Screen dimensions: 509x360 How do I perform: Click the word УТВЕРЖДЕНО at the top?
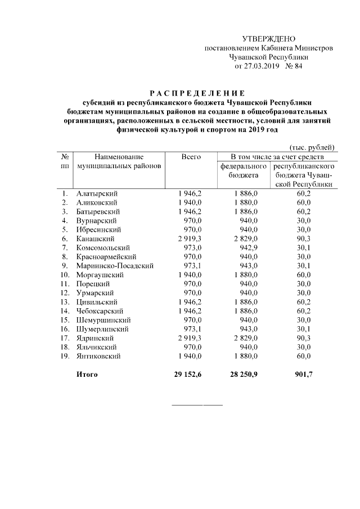[268, 39]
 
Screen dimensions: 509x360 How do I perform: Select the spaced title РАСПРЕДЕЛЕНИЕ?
[196, 93]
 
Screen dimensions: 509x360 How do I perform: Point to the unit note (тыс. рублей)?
[313, 146]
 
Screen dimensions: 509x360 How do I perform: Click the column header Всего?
[191, 157]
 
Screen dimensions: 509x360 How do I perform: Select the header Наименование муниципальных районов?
[119, 161]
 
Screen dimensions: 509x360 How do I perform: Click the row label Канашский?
[94, 238]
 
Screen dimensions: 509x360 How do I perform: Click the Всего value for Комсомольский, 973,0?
[191, 247]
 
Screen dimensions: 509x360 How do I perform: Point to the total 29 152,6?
[188, 374]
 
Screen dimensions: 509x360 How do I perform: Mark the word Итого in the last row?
[87, 374]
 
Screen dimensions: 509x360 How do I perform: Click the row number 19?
[65, 355]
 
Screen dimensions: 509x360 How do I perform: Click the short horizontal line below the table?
[196, 405]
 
